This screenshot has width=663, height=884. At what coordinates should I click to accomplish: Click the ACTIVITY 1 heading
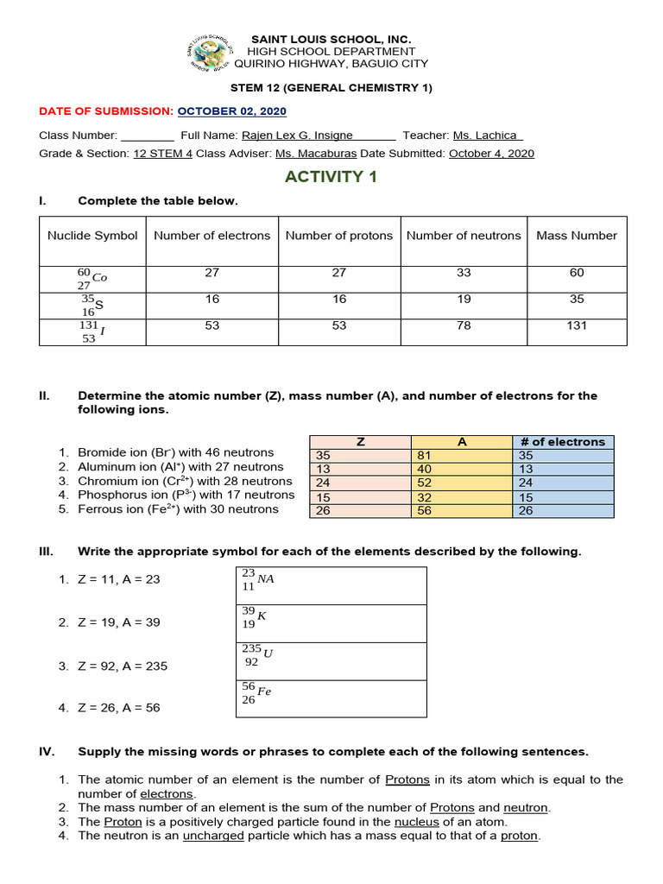click(x=331, y=177)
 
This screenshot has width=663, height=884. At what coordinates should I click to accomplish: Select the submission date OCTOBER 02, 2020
click(x=232, y=111)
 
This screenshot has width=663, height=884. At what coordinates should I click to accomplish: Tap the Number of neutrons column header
click(x=464, y=236)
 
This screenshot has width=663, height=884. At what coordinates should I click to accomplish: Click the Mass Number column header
click(x=577, y=236)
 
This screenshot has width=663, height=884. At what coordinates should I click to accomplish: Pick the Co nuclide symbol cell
click(x=92, y=278)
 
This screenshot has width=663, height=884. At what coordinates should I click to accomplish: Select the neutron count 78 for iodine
click(x=464, y=325)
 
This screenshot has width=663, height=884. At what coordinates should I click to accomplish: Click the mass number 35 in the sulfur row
click(x=577, y=300)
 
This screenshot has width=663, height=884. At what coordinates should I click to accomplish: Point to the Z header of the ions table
click(x=360, y=442)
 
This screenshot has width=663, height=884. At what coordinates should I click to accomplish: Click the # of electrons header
click(x=564, y=442)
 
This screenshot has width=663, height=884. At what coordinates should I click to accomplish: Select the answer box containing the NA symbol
click(x=331, y=585)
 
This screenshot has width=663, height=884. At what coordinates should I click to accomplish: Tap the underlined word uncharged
click(x=213, y=836)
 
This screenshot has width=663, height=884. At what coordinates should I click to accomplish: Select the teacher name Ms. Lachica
click(x=487, y=136)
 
